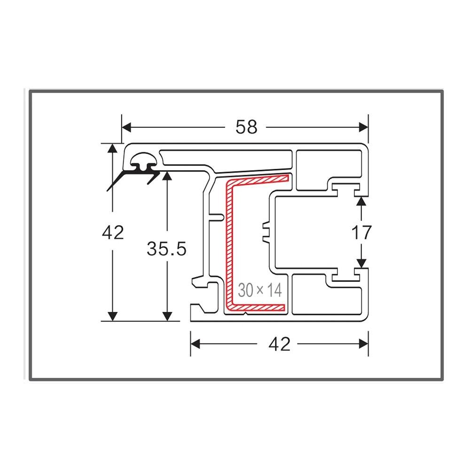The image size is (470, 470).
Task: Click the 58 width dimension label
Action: click(246, 127)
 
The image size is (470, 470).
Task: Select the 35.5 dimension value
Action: click(166, 248)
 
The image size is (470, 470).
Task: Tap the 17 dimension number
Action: click(361, 232)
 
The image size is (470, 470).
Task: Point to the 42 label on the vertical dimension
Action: click(113, 232)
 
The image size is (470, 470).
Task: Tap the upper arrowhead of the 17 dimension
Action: click(361, 201)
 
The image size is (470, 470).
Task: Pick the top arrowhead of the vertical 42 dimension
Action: click(112, 148)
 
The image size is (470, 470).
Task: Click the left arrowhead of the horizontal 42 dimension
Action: click(195, 345)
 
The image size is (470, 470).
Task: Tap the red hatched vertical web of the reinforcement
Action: click(230, 244)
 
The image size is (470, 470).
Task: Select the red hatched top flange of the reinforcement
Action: click(258, 180)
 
